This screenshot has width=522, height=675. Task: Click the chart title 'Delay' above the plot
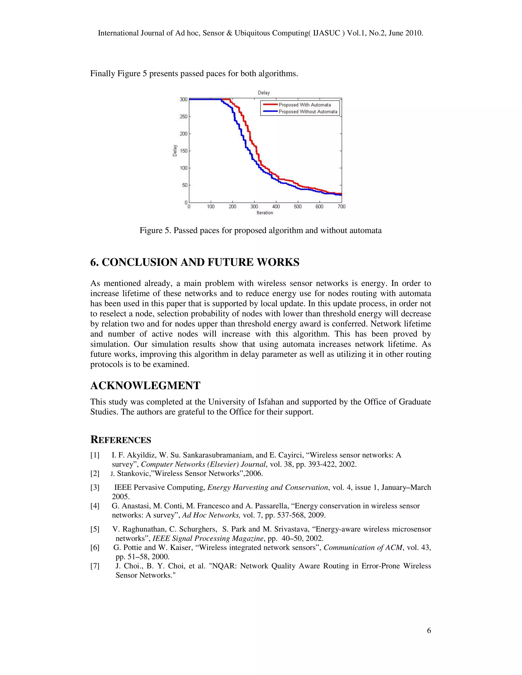(x=264, y=93)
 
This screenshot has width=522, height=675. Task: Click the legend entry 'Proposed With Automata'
(x=305, y=105)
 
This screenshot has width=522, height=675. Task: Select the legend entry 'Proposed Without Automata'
(x=308, y=112)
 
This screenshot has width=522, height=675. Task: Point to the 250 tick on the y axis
(x=184, y=116)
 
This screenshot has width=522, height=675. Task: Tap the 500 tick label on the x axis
(x=297, y=207)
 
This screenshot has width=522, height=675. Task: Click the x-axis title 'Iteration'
(x=265, y=213)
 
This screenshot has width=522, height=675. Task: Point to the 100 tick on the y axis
(x=184, y=168)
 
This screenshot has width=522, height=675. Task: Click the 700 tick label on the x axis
(x=341, y=207)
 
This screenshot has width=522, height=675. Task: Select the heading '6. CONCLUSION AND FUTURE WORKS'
(x=195, y=262)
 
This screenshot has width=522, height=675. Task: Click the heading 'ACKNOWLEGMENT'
(x=145, y=385)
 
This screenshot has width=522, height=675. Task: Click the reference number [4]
(x=95, y=506)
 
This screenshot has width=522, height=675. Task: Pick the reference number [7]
(x=95, y=566)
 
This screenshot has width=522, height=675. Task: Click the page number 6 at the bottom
(x=429, y=631)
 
